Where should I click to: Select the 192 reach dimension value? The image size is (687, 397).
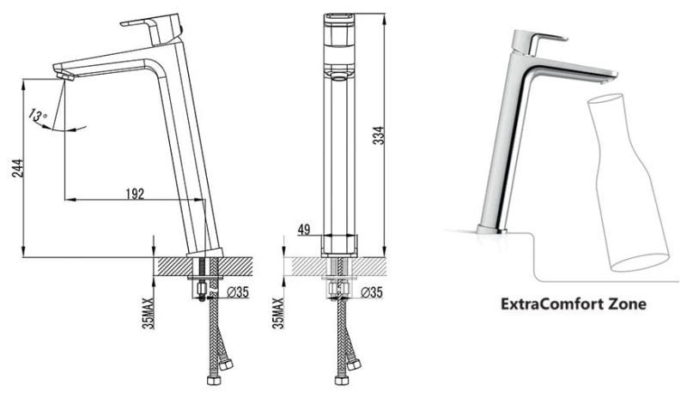[x=136, y=194]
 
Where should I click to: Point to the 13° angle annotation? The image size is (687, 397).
[x=37, y=115]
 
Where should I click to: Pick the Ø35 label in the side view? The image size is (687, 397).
[x=238, y=293]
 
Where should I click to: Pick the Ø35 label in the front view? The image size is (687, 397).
[x=371, y=293]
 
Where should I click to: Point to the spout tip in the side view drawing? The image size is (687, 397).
[x=63, y=74]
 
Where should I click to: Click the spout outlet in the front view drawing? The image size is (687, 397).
[x=337, y=74]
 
